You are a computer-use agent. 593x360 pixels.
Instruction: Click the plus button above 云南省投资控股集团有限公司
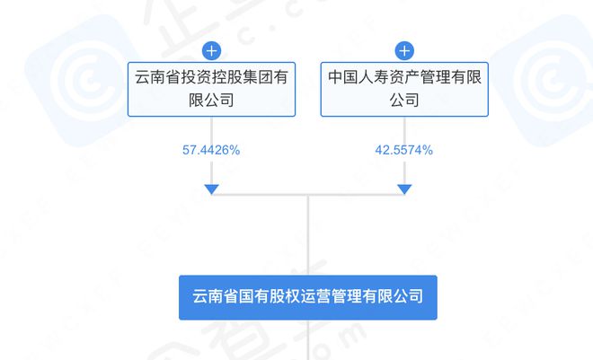click(x=211, y=50)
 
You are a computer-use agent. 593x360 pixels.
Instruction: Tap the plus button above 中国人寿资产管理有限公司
click(x=404, y=50)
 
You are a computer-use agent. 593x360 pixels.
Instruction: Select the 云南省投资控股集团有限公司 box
click(x=211, y=90)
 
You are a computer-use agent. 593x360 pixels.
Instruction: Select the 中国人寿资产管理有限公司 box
click(x=404, y=90)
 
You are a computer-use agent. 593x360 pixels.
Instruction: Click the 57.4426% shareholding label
click(x=211, y=150)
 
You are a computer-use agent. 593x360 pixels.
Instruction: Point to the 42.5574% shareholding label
click(x=404, y=150)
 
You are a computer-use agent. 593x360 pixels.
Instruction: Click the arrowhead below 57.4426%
click(x=211, y=189)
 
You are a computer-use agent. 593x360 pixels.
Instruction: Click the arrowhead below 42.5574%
click(x=404, y=189)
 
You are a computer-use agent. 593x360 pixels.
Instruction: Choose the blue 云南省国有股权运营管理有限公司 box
click(x=308, y=298)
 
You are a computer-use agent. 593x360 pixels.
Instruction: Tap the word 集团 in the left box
click(x=258, y=77)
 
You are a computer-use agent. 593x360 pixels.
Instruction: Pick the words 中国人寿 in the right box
click(x=358, y=77)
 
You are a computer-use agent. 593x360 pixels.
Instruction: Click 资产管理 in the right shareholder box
click(x=420, y=77)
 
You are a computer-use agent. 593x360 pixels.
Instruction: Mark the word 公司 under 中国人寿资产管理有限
click(x=404, y=101)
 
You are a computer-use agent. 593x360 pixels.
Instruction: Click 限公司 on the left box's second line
click(x=211, y=101)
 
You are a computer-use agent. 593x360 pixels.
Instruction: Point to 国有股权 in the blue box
click(x=270, y=296)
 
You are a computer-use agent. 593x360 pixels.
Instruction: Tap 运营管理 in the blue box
click(x=332, y=296)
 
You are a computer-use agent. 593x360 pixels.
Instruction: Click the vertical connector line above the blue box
click(x=308, y=235)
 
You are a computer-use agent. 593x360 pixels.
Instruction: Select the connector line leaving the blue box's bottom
click(x=308, y=340)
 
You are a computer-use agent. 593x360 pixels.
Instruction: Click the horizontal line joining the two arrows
click(x=308, y=195)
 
